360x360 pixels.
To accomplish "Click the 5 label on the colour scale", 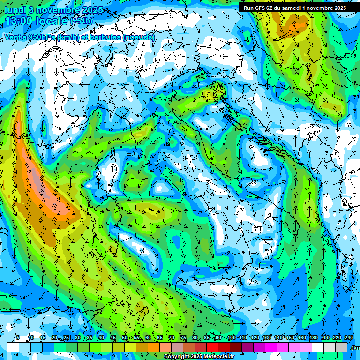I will click(18, 338).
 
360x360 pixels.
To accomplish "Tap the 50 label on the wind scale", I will click(124, 338).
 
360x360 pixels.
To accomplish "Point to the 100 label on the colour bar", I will click(231, 338).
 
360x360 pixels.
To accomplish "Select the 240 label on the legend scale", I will click(349, 338).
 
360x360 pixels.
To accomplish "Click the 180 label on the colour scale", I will click(314, 338).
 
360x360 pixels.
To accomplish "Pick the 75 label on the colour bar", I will click(183, 338).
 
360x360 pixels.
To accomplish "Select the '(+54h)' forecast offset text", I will click(81, 21).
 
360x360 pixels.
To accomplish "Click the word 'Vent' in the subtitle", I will click(13, 37).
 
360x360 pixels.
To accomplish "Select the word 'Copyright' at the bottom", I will click(177, 357).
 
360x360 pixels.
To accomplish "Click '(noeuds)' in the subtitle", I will click(138, 37).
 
